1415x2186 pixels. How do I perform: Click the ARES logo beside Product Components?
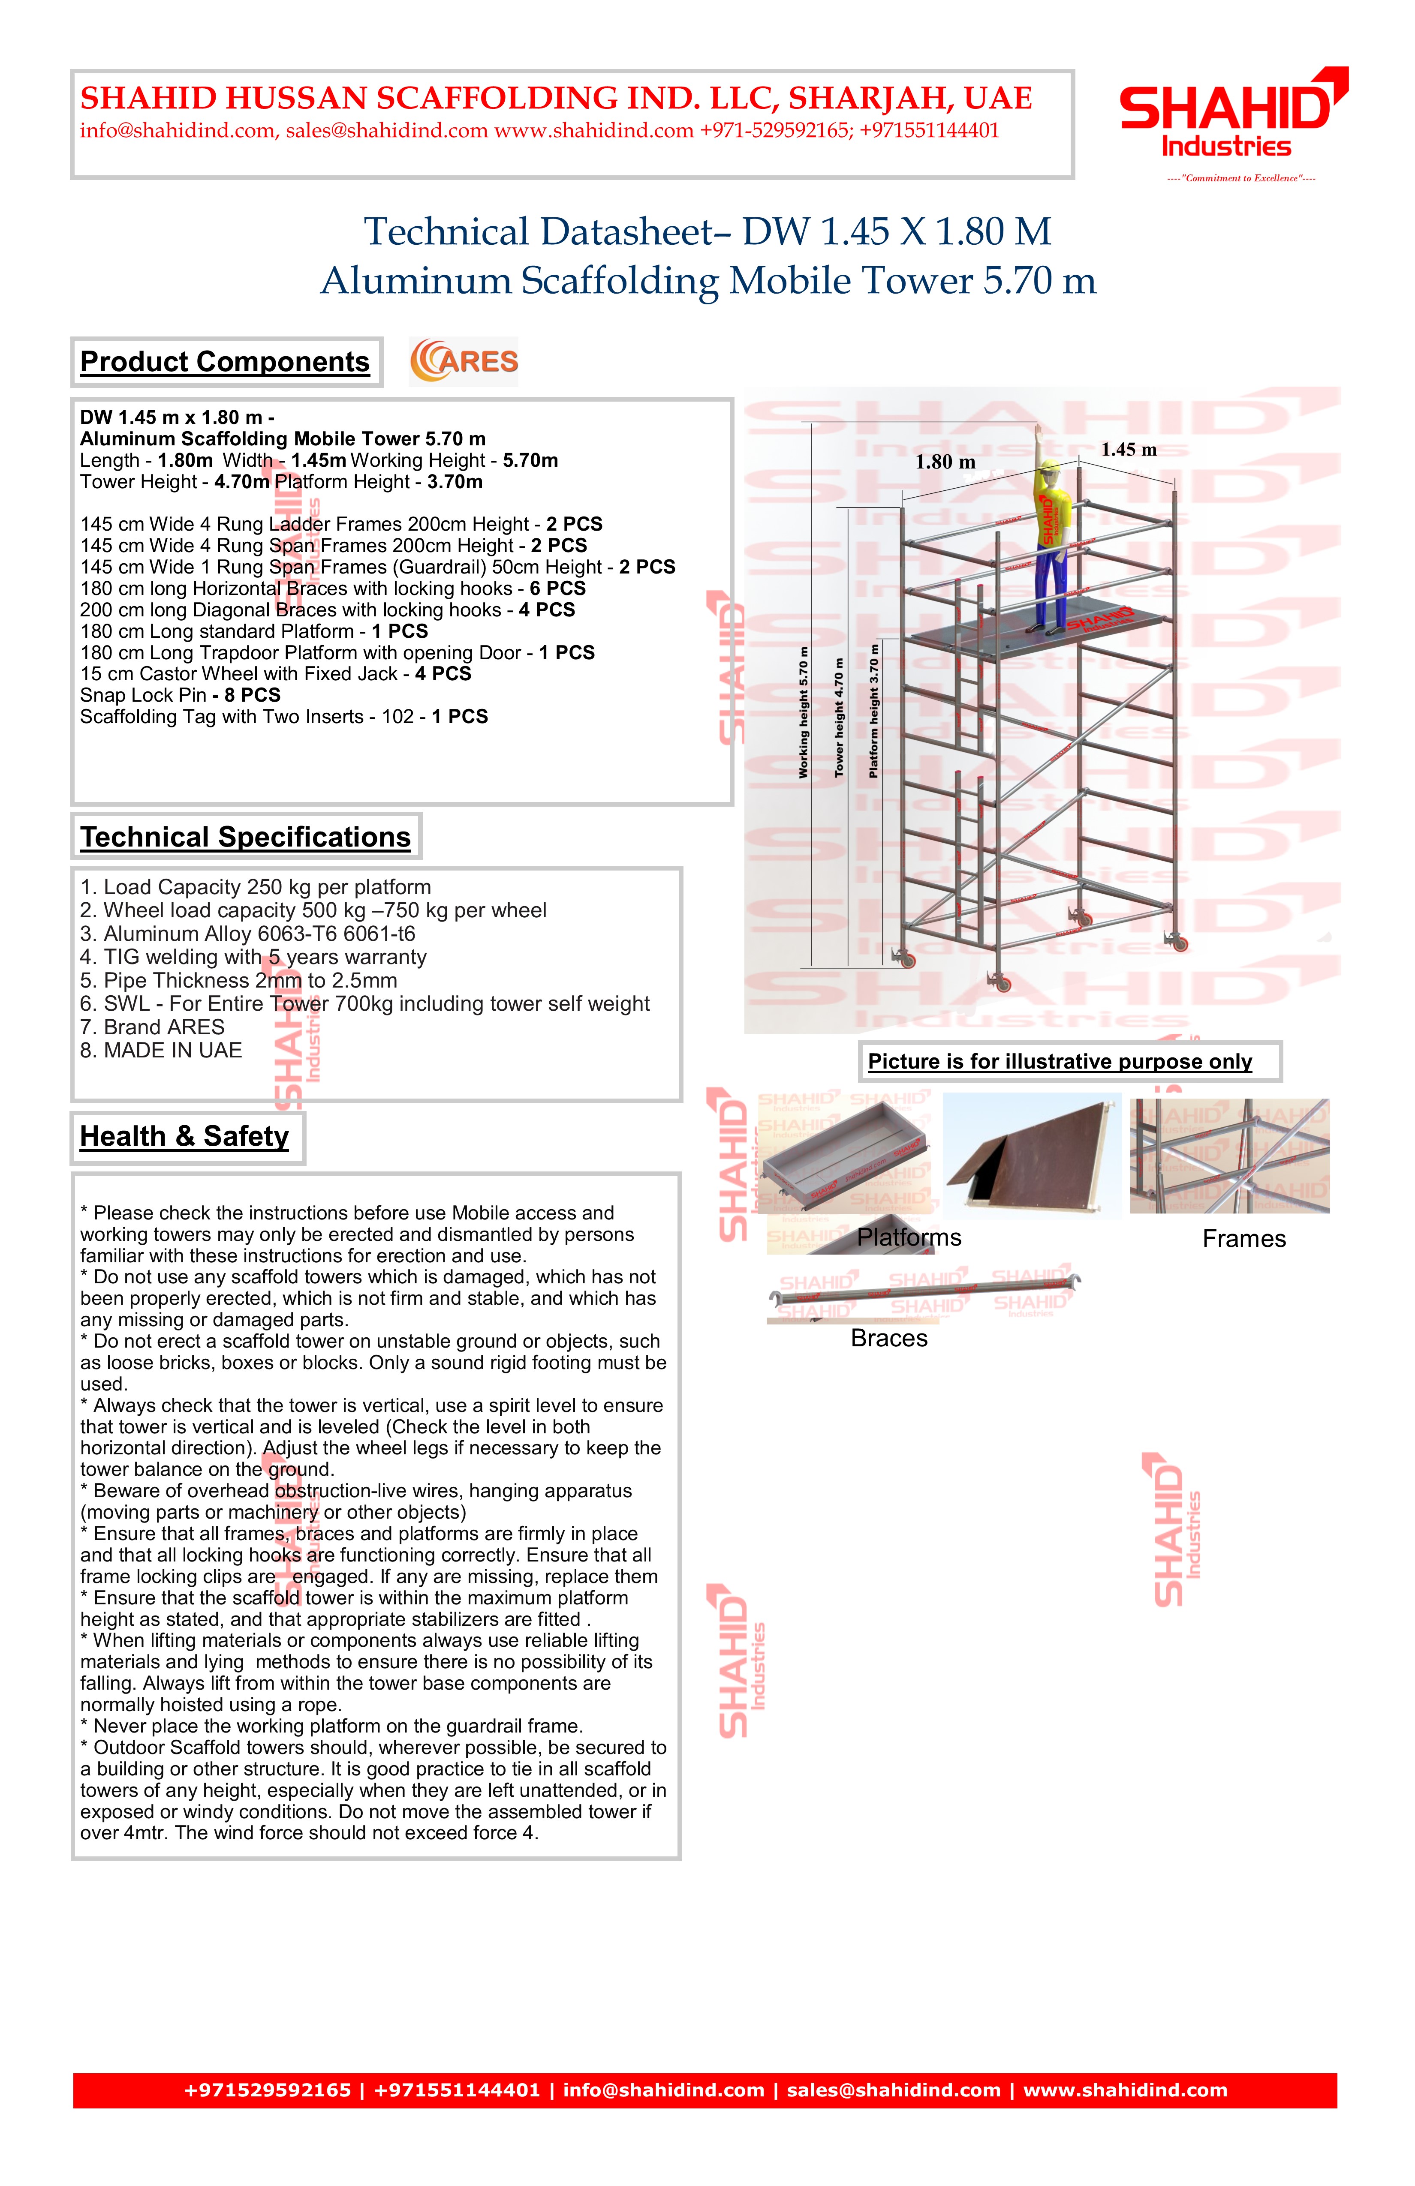(x=464, y=361)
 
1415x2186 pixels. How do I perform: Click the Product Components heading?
(x=225, y=362)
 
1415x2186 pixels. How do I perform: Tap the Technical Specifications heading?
(x=245, y=837)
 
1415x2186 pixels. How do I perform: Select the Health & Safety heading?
(x=185, y=1136)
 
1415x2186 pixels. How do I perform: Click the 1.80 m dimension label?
(x=945, y=462)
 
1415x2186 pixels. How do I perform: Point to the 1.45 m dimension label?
(x=1128, y=449)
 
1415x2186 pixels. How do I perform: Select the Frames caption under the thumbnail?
(x=1243, y=1239)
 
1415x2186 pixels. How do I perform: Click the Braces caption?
(x=888, y=1338)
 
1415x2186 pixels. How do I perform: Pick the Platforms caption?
(x=909, y=1237)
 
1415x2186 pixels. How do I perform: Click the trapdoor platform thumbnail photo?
(x=1032, y=1156)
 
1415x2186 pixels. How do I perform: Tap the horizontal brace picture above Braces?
(x=924, y=1292)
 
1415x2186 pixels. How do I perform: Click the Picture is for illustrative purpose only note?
(x=1060, y=1062)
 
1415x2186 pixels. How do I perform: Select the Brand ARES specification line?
(x=153, y=1027)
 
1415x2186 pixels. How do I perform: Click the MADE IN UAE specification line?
(x=161, y=1050)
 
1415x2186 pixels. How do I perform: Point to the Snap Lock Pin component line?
(x=180, y=695)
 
